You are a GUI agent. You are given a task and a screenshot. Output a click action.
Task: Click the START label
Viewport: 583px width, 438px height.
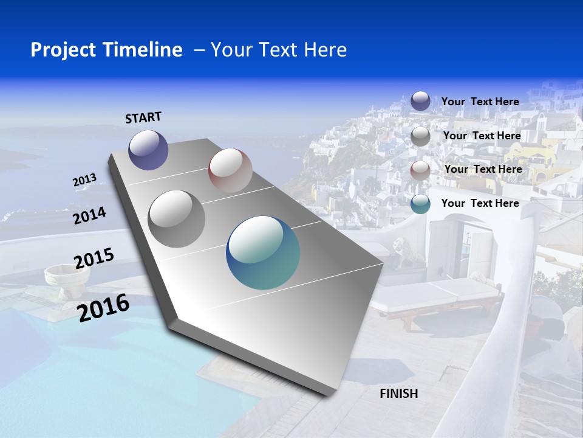143,117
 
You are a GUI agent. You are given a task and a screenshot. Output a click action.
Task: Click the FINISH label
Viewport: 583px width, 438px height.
399,394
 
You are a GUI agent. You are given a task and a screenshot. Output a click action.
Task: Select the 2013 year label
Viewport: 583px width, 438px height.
85,180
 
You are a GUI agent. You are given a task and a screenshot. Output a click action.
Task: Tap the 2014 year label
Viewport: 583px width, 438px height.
90,216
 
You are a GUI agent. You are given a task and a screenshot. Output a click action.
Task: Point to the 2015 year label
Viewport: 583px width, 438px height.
94,259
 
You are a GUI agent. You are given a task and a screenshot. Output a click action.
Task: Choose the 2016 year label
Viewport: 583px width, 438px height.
104,307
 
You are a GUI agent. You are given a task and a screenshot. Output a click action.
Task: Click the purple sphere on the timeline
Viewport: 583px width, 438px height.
148,150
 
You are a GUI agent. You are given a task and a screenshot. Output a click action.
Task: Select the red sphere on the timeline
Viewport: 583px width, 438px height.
230,170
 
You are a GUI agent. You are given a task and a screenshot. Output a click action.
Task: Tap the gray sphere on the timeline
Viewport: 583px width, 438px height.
177,218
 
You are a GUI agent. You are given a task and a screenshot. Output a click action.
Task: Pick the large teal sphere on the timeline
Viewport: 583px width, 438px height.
263,252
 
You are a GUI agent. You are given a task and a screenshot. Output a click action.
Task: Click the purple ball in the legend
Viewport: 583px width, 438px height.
420,101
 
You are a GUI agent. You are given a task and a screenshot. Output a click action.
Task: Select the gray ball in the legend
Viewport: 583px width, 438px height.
420,136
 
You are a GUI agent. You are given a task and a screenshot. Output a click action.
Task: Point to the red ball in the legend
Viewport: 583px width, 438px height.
420,170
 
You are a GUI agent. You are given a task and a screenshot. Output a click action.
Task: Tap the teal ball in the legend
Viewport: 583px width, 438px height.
420,204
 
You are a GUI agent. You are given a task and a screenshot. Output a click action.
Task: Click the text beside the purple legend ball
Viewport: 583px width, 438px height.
480,102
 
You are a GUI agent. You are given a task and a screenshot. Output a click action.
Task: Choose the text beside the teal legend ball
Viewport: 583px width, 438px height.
480,203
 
